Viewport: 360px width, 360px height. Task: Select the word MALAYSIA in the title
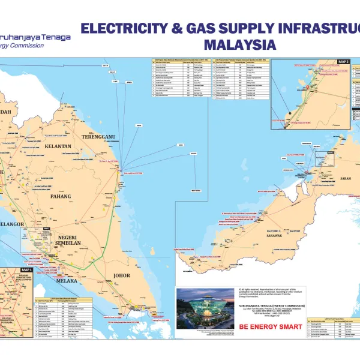[239, 44]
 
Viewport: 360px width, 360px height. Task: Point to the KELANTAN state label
[58, 146]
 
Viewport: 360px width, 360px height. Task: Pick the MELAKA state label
[67, 280]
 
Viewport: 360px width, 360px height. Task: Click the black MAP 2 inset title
[343, 62]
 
